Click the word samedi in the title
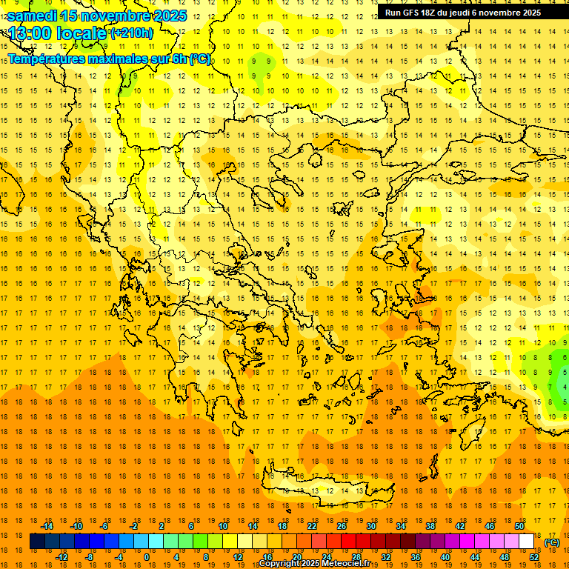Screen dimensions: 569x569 (x=32, y=15)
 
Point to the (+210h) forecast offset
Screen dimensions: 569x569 (x=132, y=33)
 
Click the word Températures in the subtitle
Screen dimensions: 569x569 (x=44, y=59)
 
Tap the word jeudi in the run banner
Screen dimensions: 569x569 (x=458, y=13)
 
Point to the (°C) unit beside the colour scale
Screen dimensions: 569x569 (x=552, y=542)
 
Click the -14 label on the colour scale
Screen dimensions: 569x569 (x=47, y=526)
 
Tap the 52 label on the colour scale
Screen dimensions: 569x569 (x=534, y=557)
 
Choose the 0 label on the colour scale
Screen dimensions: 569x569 (x=147, y=557)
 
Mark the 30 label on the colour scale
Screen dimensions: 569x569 (x=371, y=526)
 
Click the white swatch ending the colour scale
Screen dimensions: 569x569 (x=527, y=542)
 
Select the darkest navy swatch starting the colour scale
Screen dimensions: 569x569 (x=37, y=542)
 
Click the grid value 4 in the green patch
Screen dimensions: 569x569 (x=565, y=387)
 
